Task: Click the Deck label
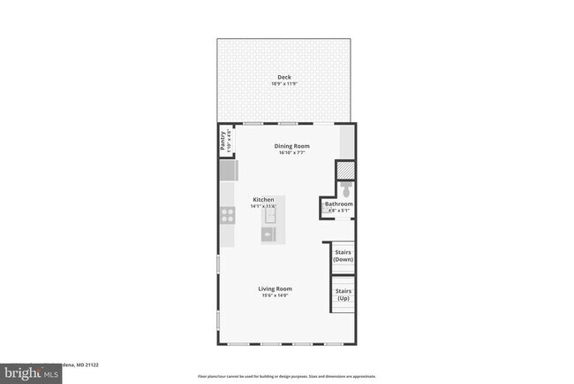(x=284, y=77)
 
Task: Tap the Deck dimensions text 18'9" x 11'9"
(x=284, y=84)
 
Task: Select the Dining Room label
(x=291, y=145)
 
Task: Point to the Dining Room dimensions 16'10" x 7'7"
(x=291, y=152)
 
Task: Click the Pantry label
(x=223, y=142)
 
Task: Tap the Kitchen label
(x=263, y=199)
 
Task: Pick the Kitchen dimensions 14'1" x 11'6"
(x=263, y=206)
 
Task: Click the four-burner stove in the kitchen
(x=226, y=213)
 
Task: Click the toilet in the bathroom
(x=346, y=190)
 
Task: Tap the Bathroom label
(x=340, y=204)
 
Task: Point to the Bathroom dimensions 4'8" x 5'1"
(x=340, y=211)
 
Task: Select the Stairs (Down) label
(x=344, y=257)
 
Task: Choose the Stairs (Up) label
(x=344, y=295)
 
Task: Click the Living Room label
(x=275, y=288)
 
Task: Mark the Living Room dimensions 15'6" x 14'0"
(x=275, y=296)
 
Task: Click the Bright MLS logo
(x=31, y=372)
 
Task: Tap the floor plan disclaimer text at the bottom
(x=286, y=376)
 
